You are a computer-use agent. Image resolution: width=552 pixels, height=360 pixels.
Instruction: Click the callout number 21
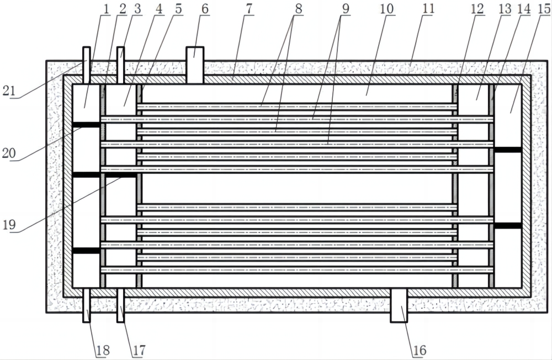[x=9, y=91]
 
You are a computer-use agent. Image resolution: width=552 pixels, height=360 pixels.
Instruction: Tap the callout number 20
[x=9, y=153]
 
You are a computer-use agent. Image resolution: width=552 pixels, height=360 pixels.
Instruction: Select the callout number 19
[x=9, y=224]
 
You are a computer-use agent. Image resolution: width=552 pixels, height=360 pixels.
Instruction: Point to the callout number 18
[x=103, y=350]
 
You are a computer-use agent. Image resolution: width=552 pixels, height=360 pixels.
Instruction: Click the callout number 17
[x=139, y=350]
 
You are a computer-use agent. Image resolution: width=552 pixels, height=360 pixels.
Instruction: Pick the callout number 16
[x=420, y=350]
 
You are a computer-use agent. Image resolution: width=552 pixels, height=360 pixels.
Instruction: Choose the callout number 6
[x=205, y=9]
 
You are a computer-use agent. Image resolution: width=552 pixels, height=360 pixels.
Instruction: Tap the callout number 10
[x=386, y=9]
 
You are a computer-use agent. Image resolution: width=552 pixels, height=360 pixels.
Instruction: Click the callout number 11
[x=428, y=8]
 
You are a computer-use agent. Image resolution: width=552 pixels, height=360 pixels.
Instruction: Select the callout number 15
[x=544, y=9]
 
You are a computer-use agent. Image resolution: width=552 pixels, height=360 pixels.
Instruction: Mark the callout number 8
[x=299, y=9]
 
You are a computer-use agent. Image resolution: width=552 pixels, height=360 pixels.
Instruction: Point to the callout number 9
[x=346, y=9]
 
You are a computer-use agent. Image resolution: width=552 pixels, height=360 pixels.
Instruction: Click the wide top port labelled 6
[x=195, y=65]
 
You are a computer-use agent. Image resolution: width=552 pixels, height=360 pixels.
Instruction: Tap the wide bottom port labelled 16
[x=399, y=305]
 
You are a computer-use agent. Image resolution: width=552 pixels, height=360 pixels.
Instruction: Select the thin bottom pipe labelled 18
[x=86, y=305]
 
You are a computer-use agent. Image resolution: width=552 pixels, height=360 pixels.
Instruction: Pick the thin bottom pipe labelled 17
[x=120, y=305]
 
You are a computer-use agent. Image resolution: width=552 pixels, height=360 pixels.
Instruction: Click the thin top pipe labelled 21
[x=86, y=65]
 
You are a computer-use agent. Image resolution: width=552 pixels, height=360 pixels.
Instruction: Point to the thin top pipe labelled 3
[x=120, y=65]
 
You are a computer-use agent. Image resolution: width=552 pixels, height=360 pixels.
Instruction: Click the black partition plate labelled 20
[x=86, y=125]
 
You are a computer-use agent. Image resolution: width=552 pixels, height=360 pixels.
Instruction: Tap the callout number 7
[x=250, y=9]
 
